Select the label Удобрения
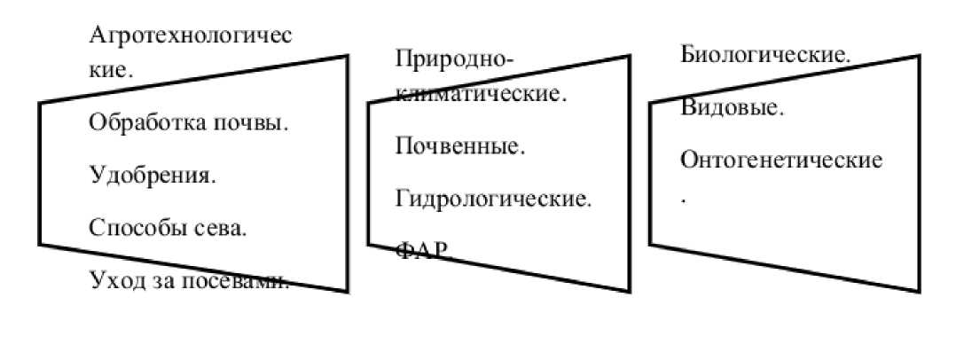[x=153, y=176]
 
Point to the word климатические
[x=480, y=93]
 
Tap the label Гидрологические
[x=493, y=198]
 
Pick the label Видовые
[x=732, y=108]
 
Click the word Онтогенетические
[x=781, y=160]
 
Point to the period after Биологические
[x=849, y=60]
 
